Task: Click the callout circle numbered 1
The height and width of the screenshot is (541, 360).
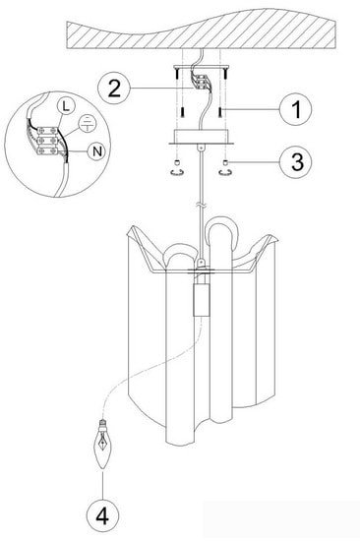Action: [x=296, y=109]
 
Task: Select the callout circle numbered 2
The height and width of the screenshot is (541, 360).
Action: [x=114, y=89]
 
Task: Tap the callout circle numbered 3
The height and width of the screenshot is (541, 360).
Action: [x=296, y=162]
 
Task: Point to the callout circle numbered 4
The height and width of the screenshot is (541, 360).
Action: [x=102, y=516]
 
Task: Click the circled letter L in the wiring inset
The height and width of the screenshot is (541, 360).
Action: [x=66, y=106]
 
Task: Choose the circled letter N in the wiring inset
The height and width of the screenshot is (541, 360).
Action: [x=97, y=151]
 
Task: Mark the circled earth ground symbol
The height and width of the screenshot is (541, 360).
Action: [x=88, y=124]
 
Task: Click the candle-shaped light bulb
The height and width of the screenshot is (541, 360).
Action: [x=102, y=445]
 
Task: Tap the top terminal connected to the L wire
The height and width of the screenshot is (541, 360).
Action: [x=47, y=131]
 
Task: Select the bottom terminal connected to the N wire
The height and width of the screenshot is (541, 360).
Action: [x=47, y=150]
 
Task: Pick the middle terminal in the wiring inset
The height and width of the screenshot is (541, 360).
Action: [x=47, y=141]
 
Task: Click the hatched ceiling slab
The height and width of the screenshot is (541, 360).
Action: [x=202, y=30]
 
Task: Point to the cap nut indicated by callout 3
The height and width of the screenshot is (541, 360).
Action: [x=225, y=162]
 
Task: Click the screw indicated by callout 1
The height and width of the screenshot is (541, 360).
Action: [x=220, y=111]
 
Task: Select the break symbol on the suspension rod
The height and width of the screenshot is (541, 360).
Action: [x=201, y=206]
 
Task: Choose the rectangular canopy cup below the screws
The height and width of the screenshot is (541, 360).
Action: [x=201, y=136]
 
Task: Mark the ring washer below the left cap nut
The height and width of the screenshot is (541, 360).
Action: [x=177, y=172]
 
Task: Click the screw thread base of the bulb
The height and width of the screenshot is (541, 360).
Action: [x=102, y=424]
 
